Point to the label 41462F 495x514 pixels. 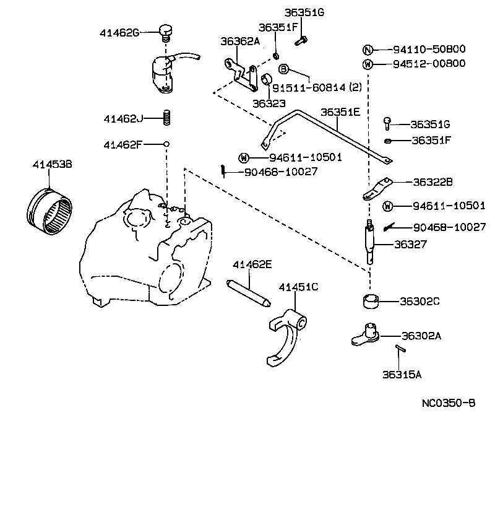[123, 144]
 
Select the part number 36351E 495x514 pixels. [340, 112]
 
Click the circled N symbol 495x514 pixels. [368, 50]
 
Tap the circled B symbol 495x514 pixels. [283, 69]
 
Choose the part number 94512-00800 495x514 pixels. [431, 64]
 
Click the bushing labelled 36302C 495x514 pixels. [371, 302]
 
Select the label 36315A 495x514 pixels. [402, 374]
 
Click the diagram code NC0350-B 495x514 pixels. [449, 403]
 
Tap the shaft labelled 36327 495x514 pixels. [371, 243]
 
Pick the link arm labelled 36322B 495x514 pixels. [376, 189]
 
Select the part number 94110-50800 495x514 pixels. [431, 50]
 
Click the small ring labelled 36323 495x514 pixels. [268, 80]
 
